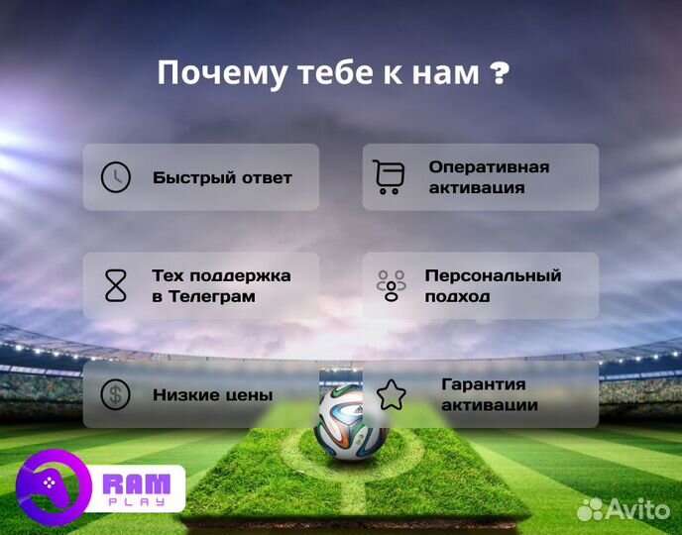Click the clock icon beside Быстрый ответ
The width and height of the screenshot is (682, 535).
(116, 177)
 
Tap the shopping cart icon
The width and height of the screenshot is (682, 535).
(389, 176)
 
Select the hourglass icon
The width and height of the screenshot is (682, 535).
(116, 285)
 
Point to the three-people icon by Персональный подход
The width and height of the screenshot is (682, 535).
(392, 285)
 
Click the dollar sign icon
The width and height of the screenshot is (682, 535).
(116, 394)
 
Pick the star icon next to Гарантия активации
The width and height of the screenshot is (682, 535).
(392, 394)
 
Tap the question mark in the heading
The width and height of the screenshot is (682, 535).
(501, 73)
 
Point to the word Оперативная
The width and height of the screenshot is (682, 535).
(489, 167)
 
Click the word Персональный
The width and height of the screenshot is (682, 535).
(493, 275)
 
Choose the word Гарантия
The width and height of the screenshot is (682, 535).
(483, 384)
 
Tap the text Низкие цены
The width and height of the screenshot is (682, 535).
(212, 395)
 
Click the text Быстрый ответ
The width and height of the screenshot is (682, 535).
(222, 178)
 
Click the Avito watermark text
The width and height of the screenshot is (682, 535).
(635, 508)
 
